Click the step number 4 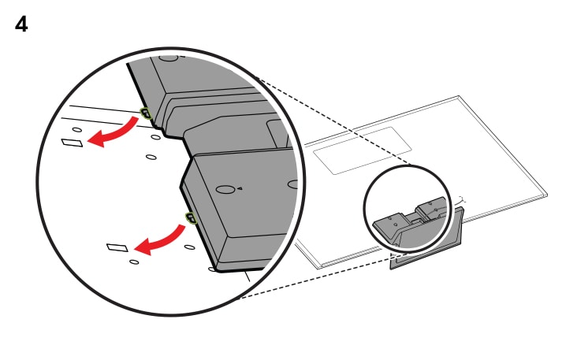coord(21,25)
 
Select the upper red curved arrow coord(117,133)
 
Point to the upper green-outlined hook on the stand coord(146,113)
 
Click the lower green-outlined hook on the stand coord(192,218)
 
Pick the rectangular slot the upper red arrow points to coord(73,143)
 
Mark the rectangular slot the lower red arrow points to coord(117,247)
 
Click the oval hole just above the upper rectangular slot coord(77,129)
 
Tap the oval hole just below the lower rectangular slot coord(134,262)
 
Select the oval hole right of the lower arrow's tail coord(190,247)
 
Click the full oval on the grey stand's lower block coord(225,190)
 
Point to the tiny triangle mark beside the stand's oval coord(240,188)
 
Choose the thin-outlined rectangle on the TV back coord(363,150)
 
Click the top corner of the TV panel coord(459,96)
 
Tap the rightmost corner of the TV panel coord(547,194)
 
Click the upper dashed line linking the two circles coord(333,121)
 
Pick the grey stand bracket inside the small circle coord(411,220)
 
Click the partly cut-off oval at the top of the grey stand coord(169,58)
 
